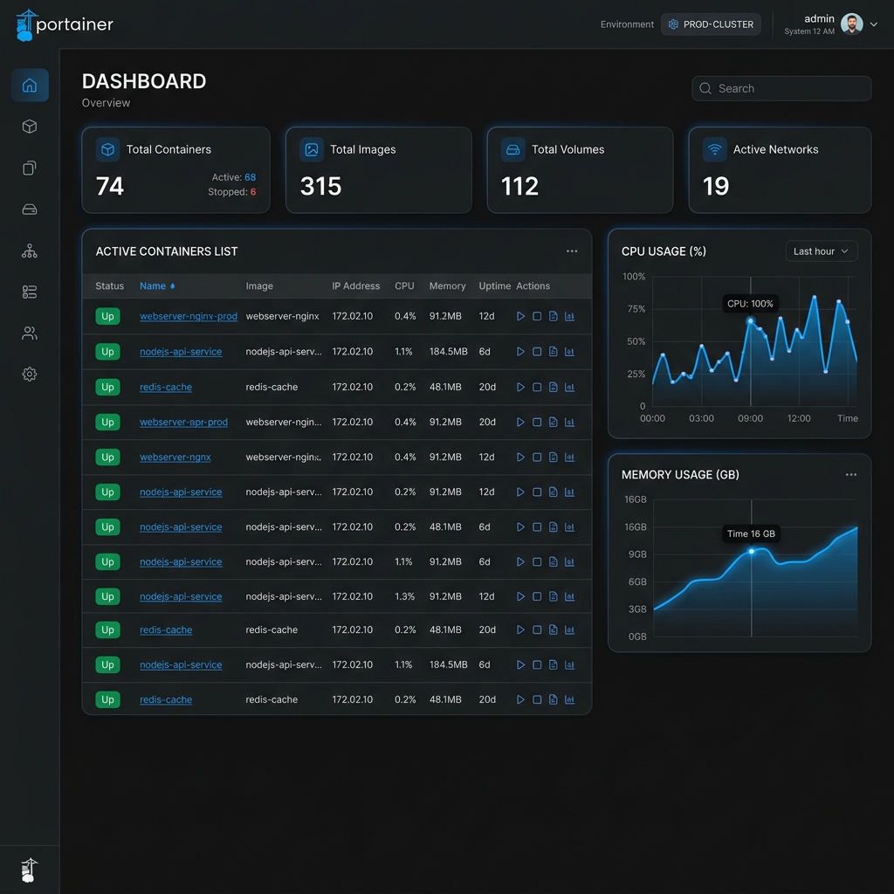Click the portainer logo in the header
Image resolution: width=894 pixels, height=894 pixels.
click(x=65, y=25)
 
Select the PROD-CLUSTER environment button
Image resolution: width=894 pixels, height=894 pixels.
click(x=711, y=24)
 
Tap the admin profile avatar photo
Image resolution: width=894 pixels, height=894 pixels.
click(x=851, y=24)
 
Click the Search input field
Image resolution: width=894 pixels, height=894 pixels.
click(x=781, y=88)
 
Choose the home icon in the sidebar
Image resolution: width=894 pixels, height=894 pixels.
click(x=30, y=86)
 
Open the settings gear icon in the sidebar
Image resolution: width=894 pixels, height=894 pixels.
click(x=30, y=374)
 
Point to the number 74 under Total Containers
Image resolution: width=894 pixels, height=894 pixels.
click(x=110, y=186)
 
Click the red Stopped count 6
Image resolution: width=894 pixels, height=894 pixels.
click(x=252, y=192)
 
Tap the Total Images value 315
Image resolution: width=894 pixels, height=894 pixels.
click(x=321, y=186)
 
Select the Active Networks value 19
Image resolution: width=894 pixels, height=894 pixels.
click(x=716, y=186)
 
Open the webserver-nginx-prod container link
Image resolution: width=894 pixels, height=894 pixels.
click(x=189, y=316)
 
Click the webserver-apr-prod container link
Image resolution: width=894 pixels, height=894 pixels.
click(x=183, y=422)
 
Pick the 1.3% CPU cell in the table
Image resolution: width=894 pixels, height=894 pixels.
click(x=405, y=596)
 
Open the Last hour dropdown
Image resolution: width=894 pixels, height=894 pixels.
click(x=821, y=251)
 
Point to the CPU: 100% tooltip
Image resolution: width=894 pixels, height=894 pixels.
click(x=750, y=304)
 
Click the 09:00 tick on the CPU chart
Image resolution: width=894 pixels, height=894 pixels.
click(x=750, y=418)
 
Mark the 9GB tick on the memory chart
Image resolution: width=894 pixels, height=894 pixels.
click(x=637, y=554)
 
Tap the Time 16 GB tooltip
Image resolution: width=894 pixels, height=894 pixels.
click(x=751, y=533)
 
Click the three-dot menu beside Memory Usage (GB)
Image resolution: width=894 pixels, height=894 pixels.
click(x=850, y=474)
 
